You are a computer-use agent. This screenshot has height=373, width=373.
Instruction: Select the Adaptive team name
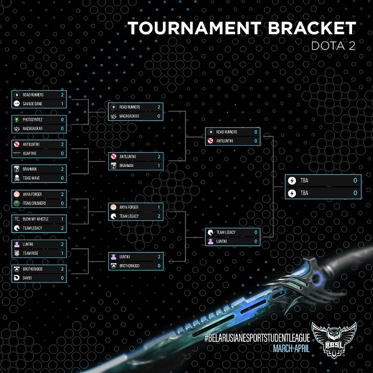click(30, 153)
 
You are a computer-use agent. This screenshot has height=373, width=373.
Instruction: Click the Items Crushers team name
click(34, 203)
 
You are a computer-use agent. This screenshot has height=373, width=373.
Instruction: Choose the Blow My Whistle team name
click(35, 219)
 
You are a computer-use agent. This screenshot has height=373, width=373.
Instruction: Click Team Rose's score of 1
click(62, 253)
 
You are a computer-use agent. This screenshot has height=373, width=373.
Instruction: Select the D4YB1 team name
click(28, 278)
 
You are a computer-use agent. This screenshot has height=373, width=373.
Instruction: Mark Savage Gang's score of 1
click(62, 104)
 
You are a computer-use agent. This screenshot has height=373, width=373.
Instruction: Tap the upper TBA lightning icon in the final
click(292, 180)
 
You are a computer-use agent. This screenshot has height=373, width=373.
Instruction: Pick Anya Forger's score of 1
click(159, 207)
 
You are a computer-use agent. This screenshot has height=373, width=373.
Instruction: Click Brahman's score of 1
click(159, 166)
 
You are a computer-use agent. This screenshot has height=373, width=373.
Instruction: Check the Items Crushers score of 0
click(62, 203)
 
